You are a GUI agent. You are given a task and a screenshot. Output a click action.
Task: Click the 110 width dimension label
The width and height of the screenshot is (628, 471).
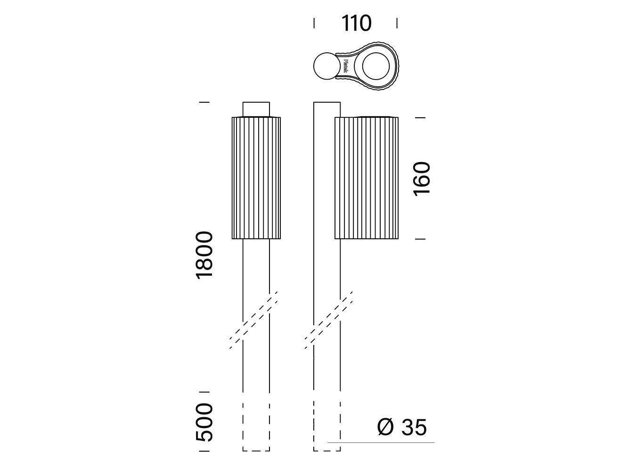(357, 23)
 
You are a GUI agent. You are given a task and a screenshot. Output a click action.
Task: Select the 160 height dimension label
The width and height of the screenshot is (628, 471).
(422, 179)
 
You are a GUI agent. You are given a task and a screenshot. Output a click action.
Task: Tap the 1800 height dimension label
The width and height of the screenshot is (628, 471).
(205, 255)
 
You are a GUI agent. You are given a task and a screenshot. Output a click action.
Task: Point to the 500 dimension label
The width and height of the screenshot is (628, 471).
(205, 422)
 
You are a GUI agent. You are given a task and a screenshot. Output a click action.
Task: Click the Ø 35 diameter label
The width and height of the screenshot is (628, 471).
(402, 427)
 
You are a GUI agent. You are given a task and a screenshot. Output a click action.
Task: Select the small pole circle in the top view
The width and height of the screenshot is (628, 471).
(326, 66)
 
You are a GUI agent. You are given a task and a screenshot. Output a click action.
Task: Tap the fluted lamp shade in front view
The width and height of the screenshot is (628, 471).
(256, 178)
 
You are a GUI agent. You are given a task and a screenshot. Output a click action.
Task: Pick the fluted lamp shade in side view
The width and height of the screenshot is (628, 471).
(366, 178)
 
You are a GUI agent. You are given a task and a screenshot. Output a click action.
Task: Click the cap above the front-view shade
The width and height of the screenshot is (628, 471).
(256, 109)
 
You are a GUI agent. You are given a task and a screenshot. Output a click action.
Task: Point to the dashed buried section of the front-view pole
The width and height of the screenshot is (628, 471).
(256, 427)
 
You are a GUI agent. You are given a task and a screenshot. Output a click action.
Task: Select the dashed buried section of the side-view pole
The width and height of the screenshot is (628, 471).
(327, 427)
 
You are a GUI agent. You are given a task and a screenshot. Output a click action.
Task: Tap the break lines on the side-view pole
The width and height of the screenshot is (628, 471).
(329, 320)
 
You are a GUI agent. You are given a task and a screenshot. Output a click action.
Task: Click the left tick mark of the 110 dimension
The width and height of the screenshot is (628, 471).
(314, 23)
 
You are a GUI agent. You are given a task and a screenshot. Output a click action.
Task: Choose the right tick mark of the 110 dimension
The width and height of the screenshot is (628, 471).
(397, 23)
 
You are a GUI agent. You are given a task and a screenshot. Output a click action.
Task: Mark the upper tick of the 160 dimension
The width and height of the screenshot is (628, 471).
(420, 117)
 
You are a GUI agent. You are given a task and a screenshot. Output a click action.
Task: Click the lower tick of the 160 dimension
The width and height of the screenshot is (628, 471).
(420, 239)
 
